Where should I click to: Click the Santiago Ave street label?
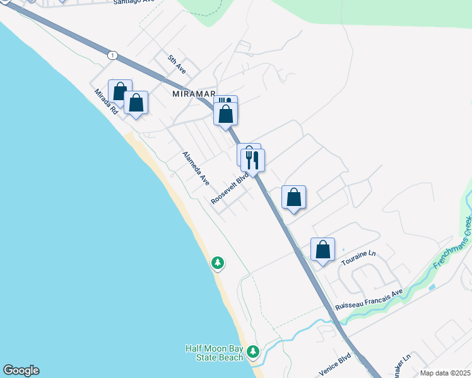tap(134, 3)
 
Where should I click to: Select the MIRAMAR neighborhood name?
tap(194, 94)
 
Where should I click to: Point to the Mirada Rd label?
tap(107, 101)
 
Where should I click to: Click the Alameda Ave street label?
tap(196, 168)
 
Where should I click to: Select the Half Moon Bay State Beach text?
tap(214, 353)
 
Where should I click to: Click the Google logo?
tap(21, 370)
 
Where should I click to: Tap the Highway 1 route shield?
tap(112, 55)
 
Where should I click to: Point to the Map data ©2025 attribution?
tap(445, 373)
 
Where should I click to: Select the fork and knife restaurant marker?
tap(252, 161)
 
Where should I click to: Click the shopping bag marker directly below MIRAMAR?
tap(226, 114)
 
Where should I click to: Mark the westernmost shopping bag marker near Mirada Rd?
tap(120, 91)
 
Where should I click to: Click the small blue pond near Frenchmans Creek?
tap(432, 287)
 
